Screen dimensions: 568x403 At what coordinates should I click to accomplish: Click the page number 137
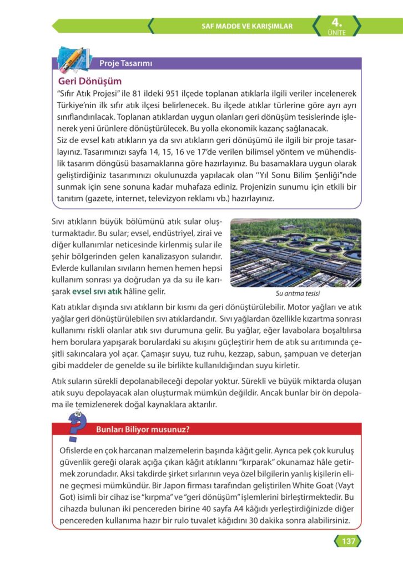[x=348, y=541]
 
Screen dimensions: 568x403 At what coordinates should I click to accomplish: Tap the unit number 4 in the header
[x=336, y=22]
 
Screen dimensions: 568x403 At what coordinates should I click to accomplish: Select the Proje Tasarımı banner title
[x=125, y=63]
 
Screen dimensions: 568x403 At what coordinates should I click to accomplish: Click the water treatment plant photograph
[x=295, y=252]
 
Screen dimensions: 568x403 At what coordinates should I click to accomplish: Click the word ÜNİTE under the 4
[x=336, y=33]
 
